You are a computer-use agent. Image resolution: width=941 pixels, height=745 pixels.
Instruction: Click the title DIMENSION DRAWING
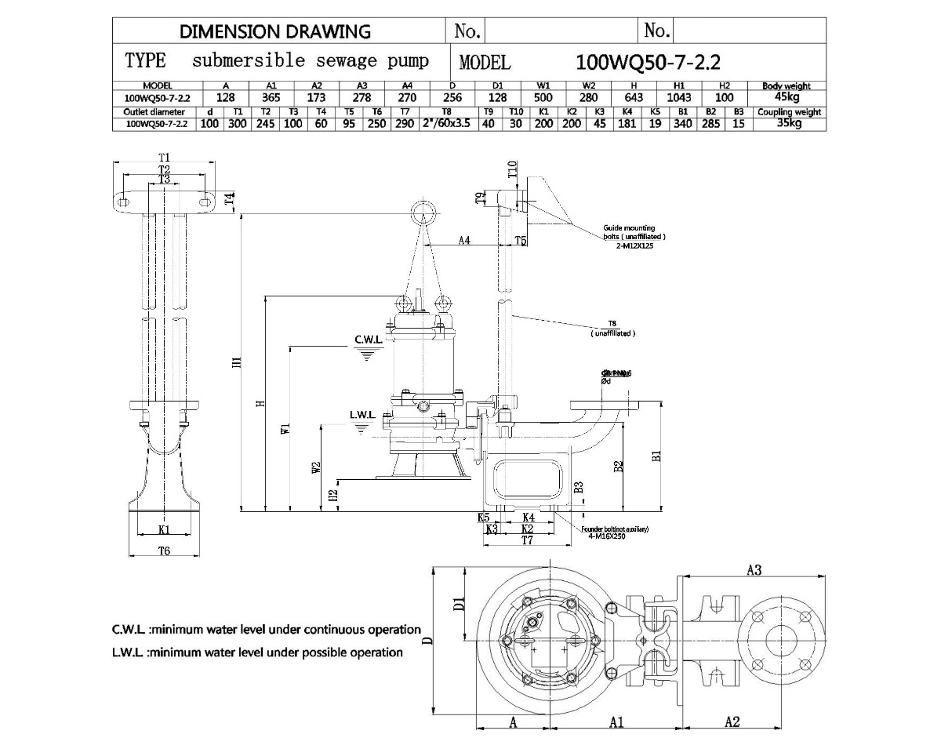pyautogui.click(x=275, y=31)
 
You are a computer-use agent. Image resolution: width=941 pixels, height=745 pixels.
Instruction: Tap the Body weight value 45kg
pyautogui.click(x=787, y=97)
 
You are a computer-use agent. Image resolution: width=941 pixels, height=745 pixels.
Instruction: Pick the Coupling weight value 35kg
pyautogui.click(x=787, y=123)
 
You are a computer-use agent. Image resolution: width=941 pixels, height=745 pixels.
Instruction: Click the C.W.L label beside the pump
pyautogui.click(x=368, y=340)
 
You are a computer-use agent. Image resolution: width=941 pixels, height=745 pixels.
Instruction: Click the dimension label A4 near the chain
pyautogui.click(x=465, y=240)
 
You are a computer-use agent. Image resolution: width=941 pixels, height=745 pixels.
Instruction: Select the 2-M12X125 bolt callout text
pyautogui.click(x=634, y=245)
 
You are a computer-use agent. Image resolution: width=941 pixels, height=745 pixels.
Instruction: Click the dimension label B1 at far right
pyautogui.click(x=657, y=454)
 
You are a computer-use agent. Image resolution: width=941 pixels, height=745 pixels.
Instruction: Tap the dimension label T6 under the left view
pyautogui.click(x=164, y=551)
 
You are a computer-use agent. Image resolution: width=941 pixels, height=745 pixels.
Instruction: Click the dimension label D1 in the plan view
pyautogui.click(x=460, y=604)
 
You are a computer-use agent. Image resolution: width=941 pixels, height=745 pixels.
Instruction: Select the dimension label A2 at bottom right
pyautogui.click(x=732, y=721)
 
